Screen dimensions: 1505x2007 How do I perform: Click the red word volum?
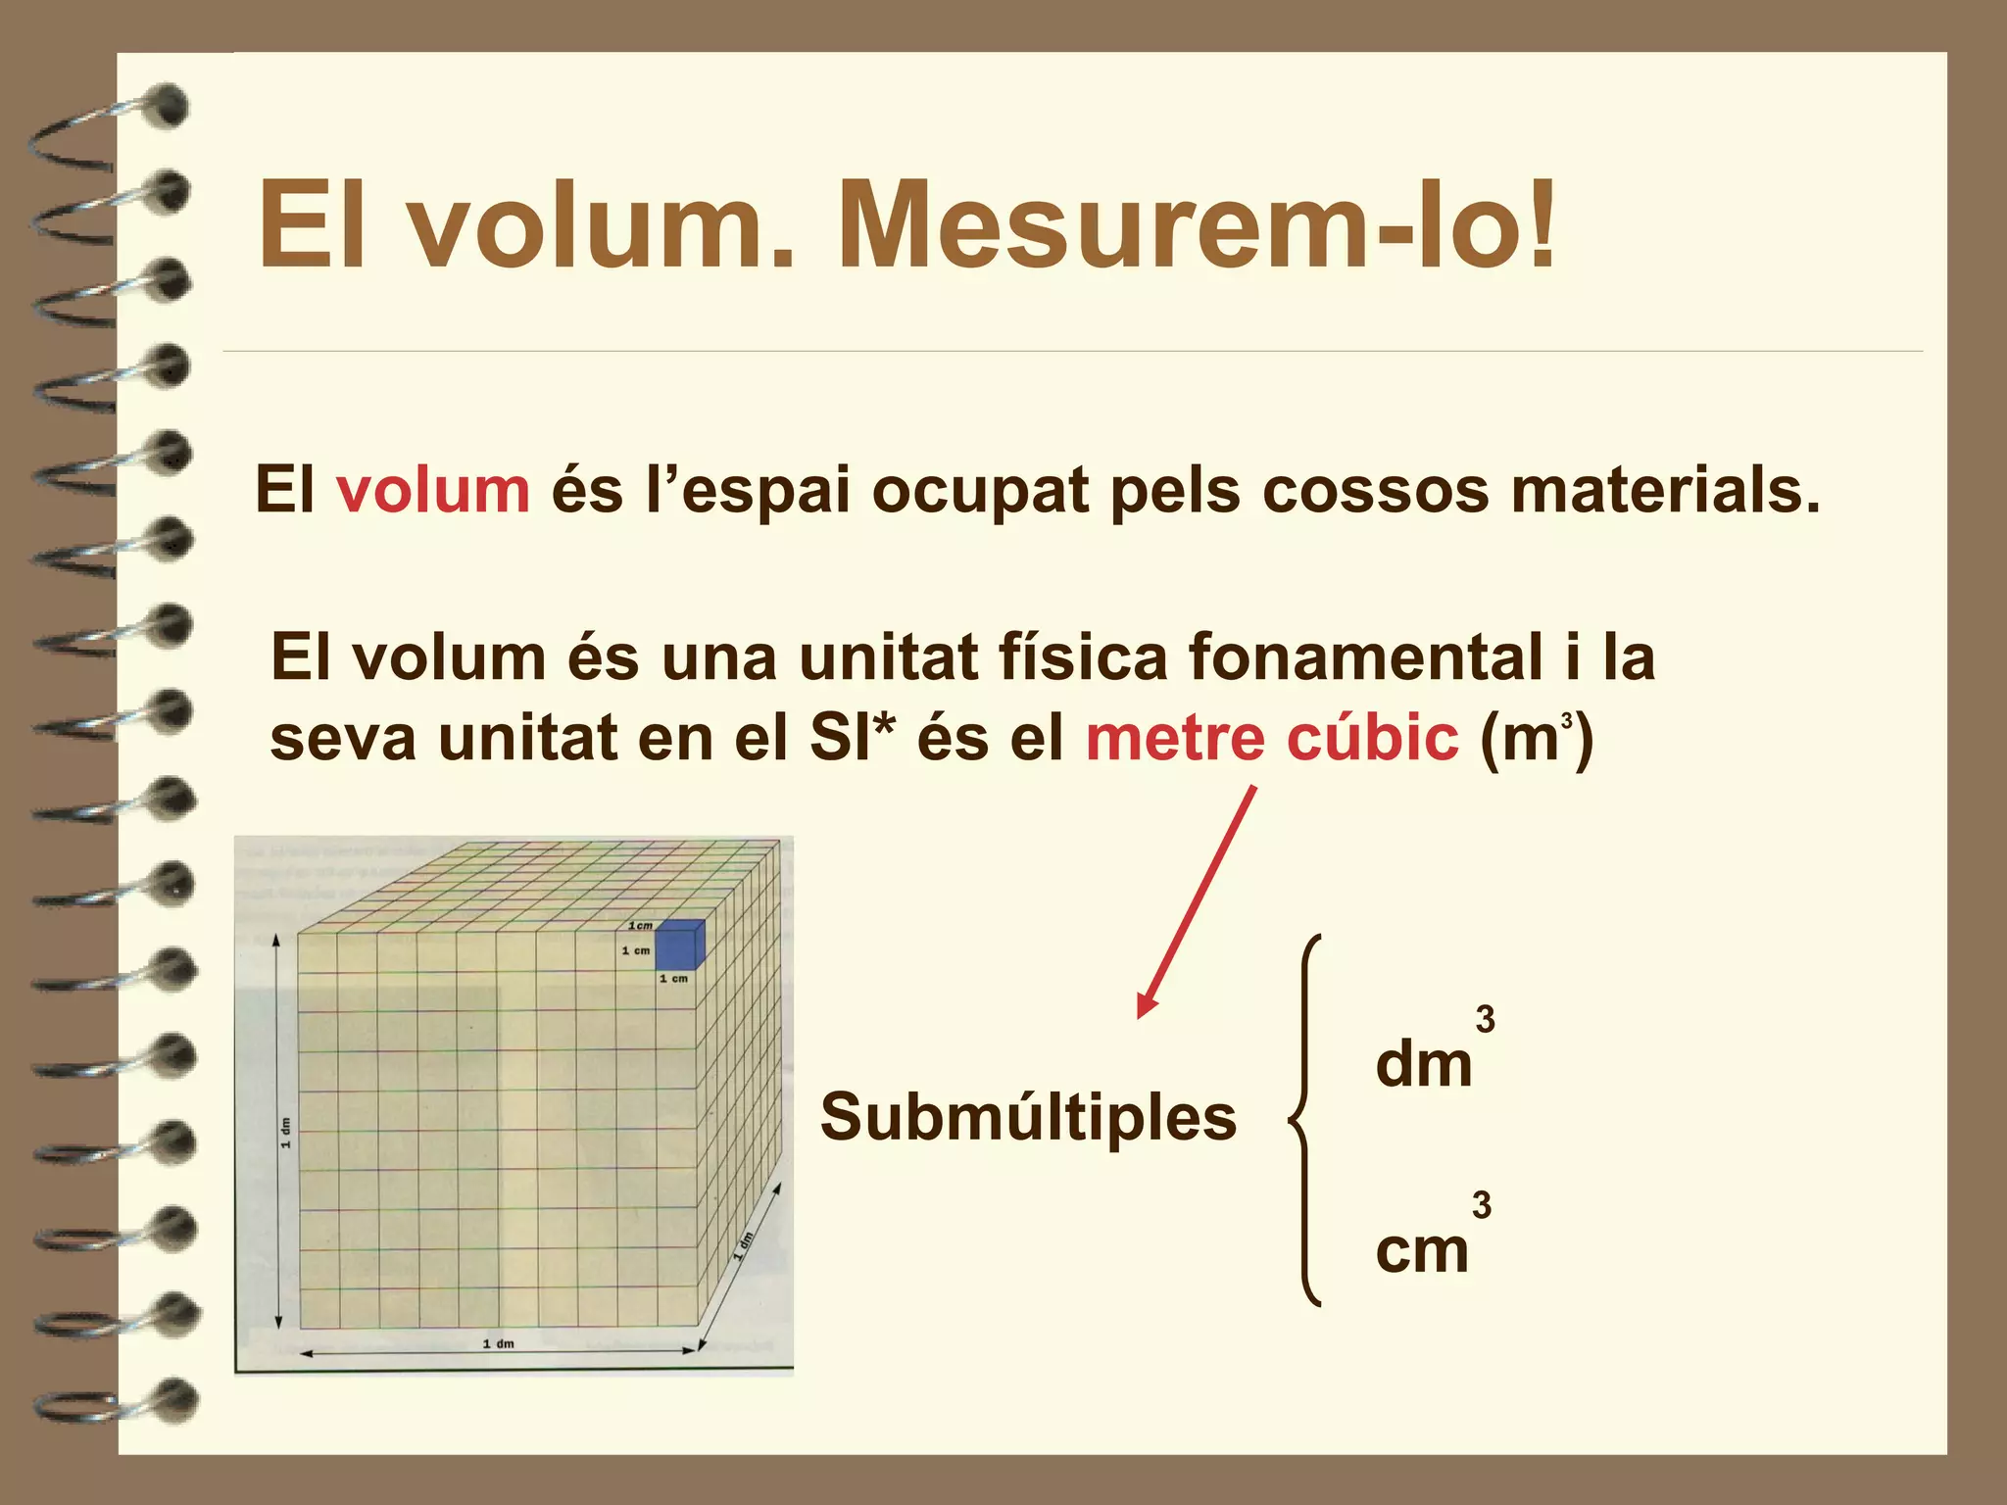[433, 490]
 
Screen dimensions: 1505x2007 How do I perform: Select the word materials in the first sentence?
[1665, 490]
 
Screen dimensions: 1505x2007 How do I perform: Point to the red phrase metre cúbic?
[1272, 738]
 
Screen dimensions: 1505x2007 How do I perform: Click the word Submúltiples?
[1028, 1117]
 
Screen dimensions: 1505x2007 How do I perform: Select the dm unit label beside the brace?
[1423, 1065]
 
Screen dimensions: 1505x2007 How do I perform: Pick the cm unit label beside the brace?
[1422, 1251]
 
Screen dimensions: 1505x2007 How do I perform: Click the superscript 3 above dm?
[1486, 1020]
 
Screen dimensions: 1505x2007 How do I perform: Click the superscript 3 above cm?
[1482, 1205]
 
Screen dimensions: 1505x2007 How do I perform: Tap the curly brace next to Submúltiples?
[1305, 1120]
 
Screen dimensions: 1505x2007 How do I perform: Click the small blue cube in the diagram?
[678, 944]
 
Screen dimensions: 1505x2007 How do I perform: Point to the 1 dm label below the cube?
[498, 1343]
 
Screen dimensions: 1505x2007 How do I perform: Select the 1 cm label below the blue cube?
[673, 979]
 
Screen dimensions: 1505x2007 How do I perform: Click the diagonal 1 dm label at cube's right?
[745, 1245]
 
